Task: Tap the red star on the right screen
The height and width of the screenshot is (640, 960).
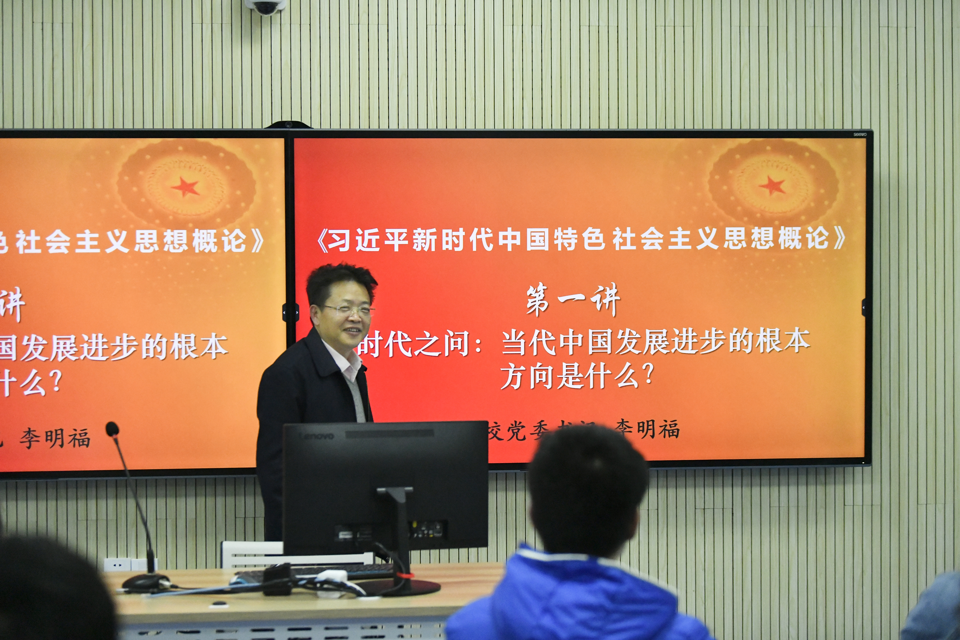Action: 771,186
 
